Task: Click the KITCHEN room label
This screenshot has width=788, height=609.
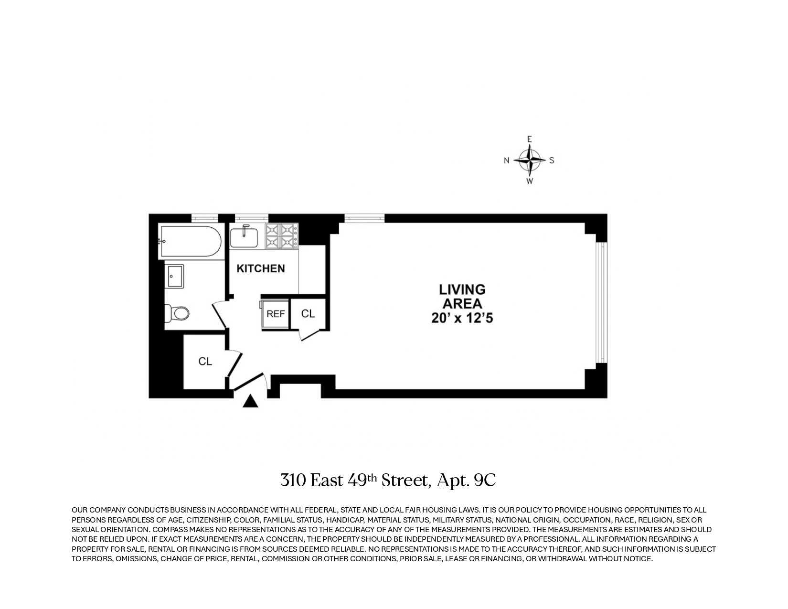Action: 261,268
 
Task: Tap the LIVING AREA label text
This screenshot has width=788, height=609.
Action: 462,297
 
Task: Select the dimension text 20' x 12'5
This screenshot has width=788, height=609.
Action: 462,318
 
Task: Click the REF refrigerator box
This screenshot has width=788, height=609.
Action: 276,314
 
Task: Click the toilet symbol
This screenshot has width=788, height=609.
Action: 178,313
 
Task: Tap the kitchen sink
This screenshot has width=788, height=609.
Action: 244,237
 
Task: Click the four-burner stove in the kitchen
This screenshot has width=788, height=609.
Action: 282,236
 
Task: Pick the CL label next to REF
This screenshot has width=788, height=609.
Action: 308,314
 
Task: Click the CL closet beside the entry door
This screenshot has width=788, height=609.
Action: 205,362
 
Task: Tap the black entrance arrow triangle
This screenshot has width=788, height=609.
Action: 250,402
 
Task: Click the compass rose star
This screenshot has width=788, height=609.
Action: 529,160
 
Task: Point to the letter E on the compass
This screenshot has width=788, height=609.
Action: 529,139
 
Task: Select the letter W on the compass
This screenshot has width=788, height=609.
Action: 529,182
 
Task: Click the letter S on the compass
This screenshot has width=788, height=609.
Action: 552,160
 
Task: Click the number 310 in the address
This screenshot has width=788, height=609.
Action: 293,480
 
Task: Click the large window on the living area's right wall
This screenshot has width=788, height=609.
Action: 601,303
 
